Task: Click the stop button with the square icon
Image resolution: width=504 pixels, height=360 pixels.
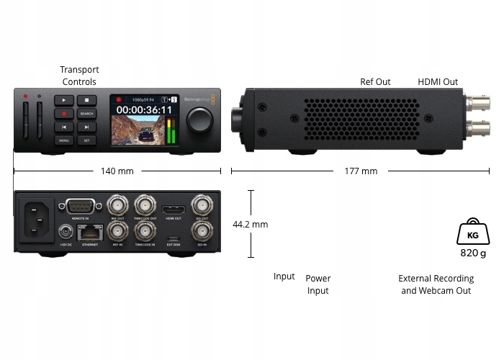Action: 86,101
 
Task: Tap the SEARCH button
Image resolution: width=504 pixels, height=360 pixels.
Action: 86,114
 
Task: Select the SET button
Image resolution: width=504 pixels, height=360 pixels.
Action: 86,140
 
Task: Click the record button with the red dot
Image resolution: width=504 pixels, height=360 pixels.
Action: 63,114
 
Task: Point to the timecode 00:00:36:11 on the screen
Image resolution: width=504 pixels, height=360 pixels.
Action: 145,110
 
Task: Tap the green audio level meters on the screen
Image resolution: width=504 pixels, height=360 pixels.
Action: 171,132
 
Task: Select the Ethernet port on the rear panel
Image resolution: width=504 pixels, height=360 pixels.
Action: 90,232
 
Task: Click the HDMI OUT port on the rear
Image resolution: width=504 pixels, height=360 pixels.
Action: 174,210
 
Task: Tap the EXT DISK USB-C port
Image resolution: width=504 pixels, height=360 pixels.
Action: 174,237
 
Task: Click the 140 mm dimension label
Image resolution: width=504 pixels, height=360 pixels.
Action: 117,171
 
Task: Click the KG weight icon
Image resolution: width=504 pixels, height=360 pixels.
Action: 472,233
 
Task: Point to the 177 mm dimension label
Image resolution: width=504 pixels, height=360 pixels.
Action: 361,171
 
